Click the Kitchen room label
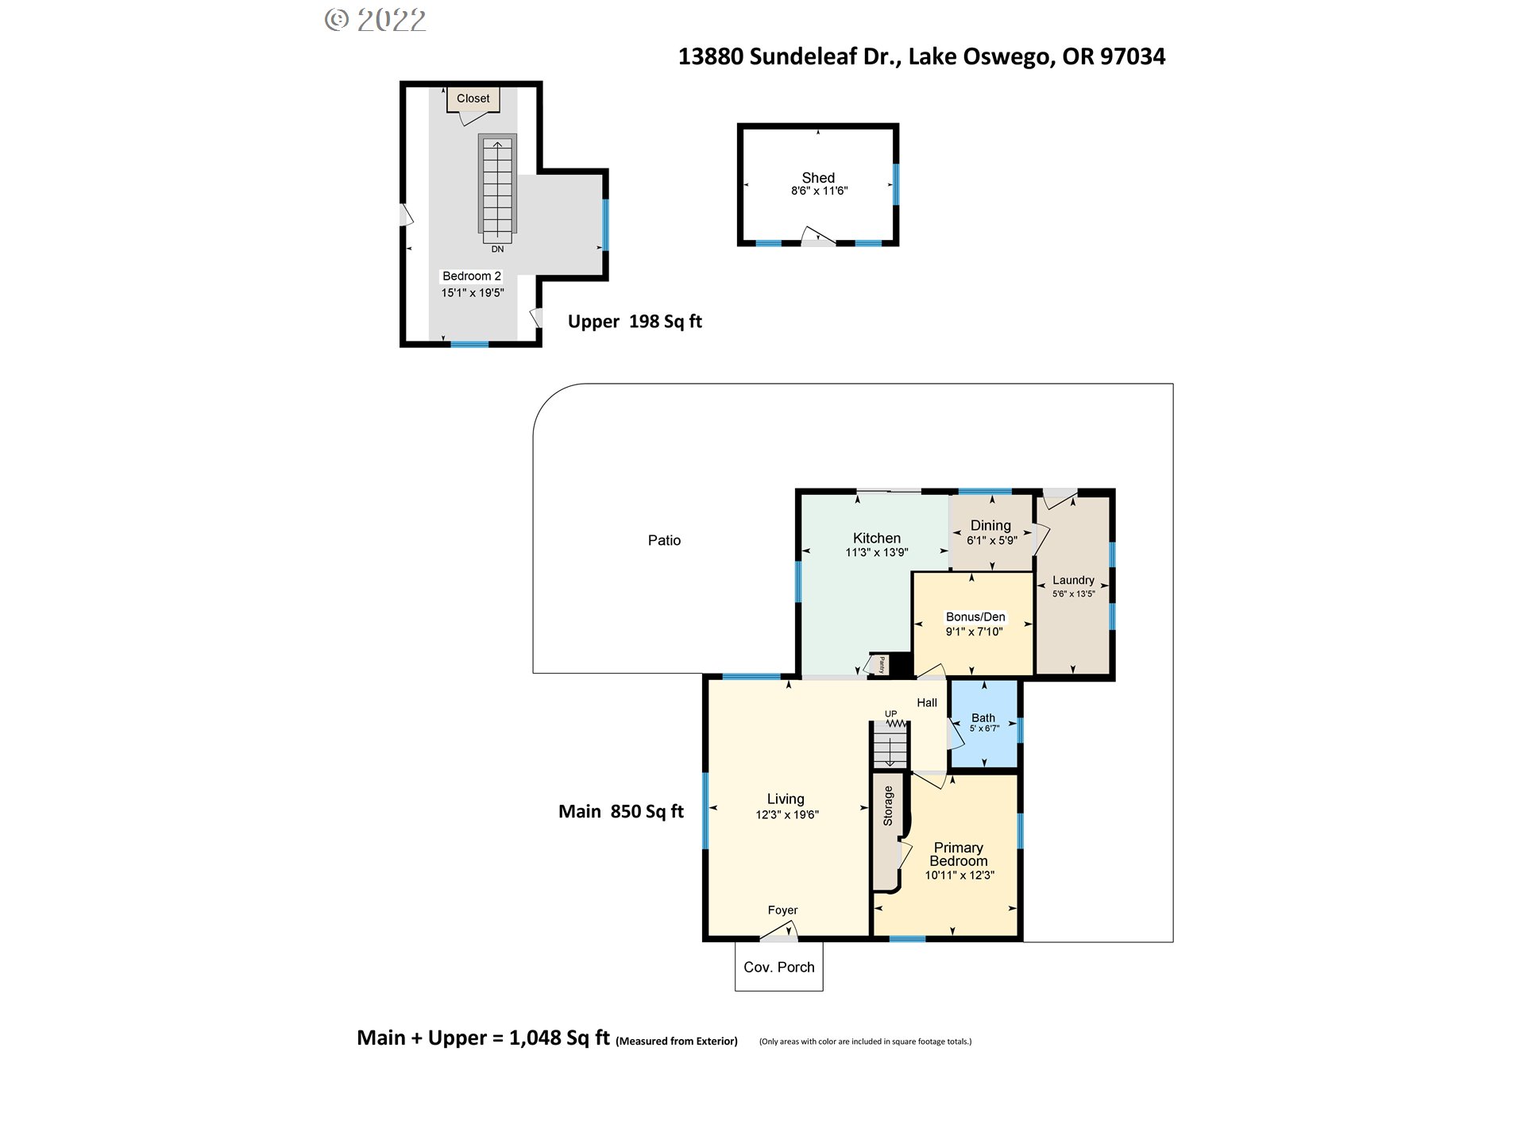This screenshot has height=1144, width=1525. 877,538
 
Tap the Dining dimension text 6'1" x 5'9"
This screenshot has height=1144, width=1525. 991,540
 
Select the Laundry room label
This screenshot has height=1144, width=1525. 1073,580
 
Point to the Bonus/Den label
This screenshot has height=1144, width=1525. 975,616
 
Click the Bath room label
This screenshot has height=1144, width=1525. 983,717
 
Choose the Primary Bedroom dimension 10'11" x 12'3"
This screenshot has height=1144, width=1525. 959,875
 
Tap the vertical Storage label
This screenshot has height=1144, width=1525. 888,806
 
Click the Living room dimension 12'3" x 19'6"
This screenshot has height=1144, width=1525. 787,814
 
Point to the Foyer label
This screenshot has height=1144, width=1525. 782,910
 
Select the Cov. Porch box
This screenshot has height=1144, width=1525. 779,966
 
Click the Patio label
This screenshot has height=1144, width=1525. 664,540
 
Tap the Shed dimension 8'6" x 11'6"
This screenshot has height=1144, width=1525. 820,191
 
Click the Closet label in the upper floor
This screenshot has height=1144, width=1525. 473,99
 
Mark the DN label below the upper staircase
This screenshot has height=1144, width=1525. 497,249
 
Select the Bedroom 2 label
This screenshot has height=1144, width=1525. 472,276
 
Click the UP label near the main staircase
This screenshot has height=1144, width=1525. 891,713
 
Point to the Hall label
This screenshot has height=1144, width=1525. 927,702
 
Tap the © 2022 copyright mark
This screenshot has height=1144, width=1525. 376,20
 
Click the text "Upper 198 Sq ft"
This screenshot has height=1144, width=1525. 635,321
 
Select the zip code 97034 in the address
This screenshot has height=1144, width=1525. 1133,56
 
